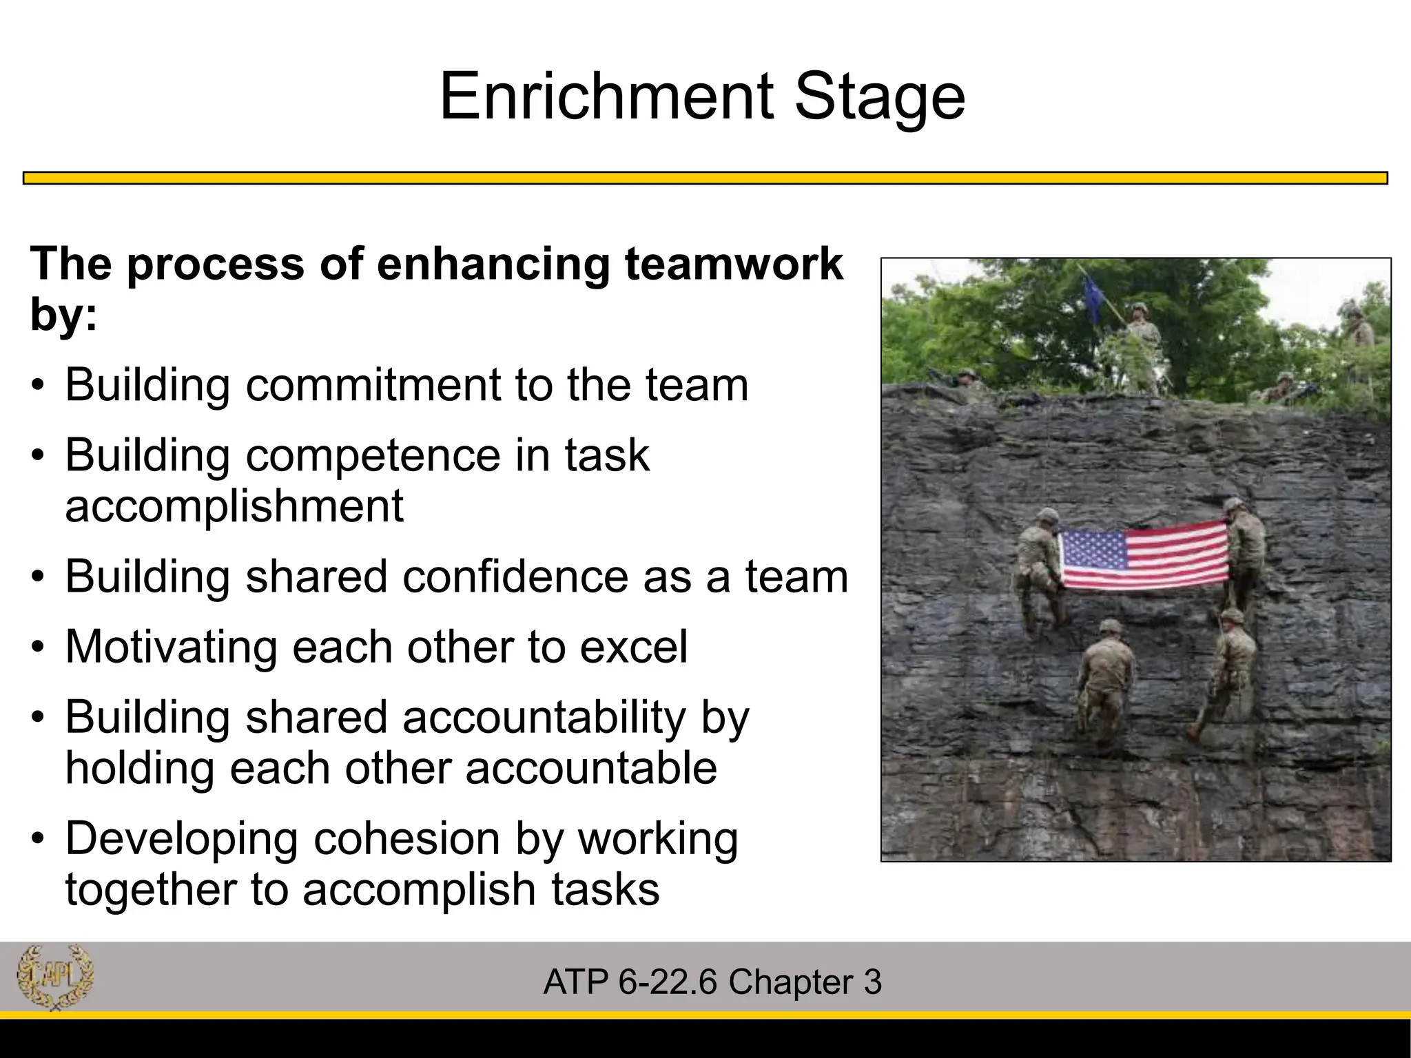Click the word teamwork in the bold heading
(733, 264)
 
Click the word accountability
(544, 718)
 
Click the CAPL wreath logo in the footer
(54, 977)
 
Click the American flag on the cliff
(1144, 557)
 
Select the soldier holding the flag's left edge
(1038, 572)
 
